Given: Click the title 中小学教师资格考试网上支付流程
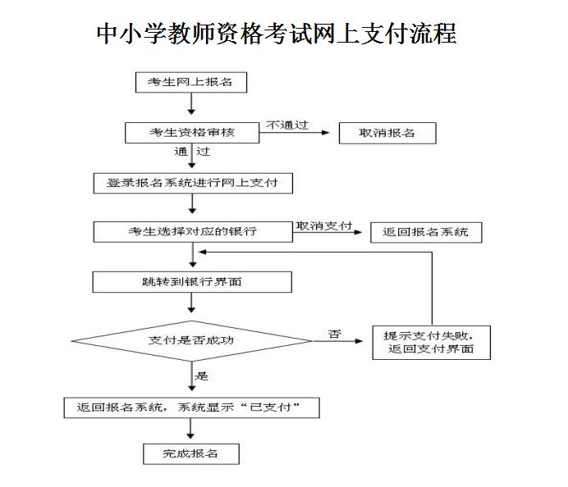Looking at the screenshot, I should [277, 34].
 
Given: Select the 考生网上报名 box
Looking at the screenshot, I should [191, 82].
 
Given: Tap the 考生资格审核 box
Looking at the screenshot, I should [191, 132].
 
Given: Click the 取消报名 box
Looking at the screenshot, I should [387, 133].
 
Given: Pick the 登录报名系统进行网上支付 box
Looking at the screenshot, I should [191, 182].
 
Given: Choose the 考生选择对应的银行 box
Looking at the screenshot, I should [192, 232].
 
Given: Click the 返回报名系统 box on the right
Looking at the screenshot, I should [425, 232].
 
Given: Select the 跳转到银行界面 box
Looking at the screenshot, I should [192, 282].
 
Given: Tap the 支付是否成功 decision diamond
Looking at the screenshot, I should [191, 339].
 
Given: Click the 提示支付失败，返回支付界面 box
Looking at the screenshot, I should [430, 342].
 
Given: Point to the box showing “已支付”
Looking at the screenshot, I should [191, 407].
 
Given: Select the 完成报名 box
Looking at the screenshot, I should [191, 453].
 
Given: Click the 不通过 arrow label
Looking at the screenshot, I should [286, 124].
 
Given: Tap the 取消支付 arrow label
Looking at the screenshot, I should [323, 225].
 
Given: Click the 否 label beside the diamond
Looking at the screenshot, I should [334, 334].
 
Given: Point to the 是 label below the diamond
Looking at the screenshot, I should [202, 376].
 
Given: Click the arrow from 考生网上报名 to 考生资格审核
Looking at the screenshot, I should [191, 105].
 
